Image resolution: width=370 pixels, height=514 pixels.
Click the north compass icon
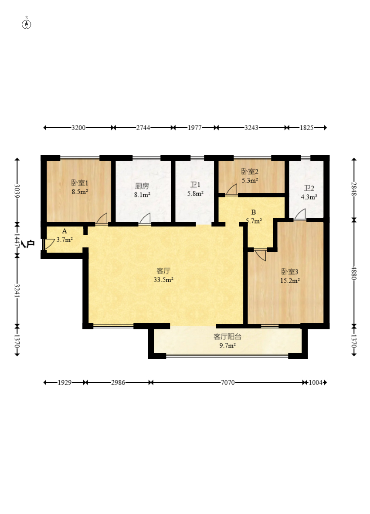pyautogui.click(x=27, y=24)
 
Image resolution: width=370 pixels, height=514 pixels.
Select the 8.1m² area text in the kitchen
pyautogui.click(x=143, y=195)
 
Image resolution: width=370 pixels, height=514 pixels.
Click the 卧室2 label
pyautogui.click(x=250, y=172)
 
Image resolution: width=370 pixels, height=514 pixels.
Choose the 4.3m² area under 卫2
pyautogui.click(x=309, y=196)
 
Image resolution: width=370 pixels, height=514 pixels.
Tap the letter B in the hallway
pyautogui.click(x=253, y=213)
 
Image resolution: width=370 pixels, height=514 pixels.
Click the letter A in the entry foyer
pyautogui.click(x=64, y=231)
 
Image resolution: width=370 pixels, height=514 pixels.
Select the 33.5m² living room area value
pyautogui.click(x=163, y=280)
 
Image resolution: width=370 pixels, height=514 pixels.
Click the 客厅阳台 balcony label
pyautogui.click(x=227, y=336)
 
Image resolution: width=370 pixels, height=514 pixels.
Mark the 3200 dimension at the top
pyautogui.click(x=78, y=128)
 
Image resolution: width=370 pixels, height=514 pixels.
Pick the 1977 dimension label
pyautogui.click(x=194, y=128)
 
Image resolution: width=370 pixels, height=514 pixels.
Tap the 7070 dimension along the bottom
pyautogui.click(x=227, y=382)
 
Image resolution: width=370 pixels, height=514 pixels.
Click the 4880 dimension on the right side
pyautogui.click(x=353, y=273)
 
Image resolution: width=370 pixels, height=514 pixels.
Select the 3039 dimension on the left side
pyautogui.click(x=17, y=190)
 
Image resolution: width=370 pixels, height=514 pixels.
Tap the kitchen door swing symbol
pyautogui.click(x=145, y=218)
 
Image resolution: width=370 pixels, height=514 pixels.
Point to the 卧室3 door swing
pyautogui.click(x=261, y=255)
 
